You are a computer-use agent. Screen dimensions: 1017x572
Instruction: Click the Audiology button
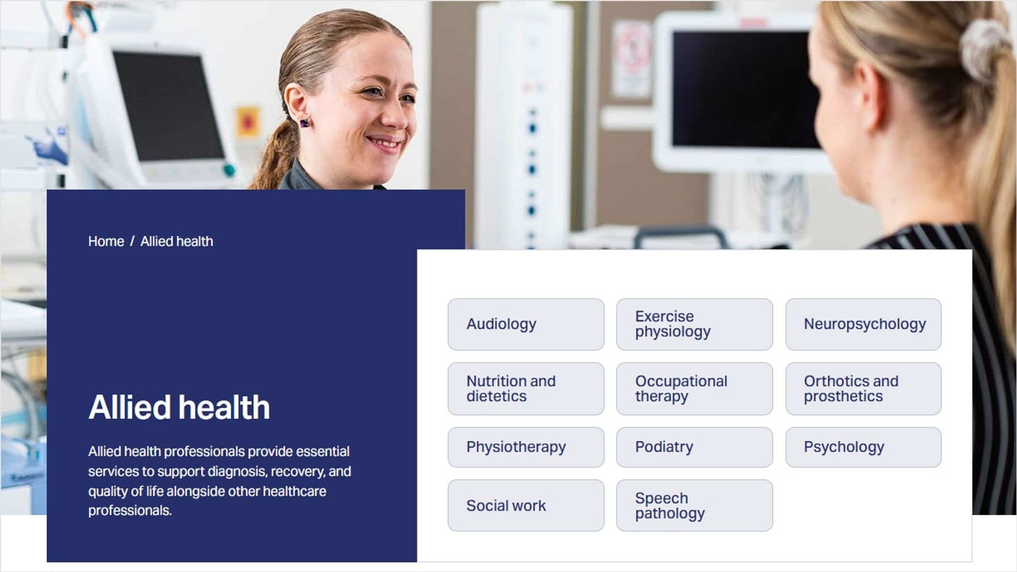[526, 324]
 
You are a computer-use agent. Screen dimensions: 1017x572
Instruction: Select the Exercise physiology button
[694, 324]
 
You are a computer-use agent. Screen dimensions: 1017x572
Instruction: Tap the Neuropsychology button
[863, 324]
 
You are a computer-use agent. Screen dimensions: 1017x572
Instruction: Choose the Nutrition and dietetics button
[526, 388]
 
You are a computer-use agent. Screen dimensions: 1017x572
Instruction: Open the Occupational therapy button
[694, 388]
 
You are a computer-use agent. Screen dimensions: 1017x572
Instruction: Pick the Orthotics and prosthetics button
[863, 388]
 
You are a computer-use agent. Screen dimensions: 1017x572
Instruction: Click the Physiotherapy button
[526, 447]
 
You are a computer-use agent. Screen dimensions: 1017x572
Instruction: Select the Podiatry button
[694, 447]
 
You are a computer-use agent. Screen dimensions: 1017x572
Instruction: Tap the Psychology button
[863, 447]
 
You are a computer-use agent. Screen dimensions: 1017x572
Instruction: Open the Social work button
[526, 505]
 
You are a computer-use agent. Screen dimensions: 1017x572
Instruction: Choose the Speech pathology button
[694, 505]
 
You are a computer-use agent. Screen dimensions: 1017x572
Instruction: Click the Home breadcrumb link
[106, 241]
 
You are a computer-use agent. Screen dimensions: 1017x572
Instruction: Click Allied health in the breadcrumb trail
[177, 241]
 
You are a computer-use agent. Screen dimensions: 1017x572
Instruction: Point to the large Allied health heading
[179, 407]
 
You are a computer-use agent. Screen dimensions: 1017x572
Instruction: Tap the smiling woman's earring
[305, 124]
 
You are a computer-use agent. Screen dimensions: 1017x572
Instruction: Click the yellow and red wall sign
[247, 123]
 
